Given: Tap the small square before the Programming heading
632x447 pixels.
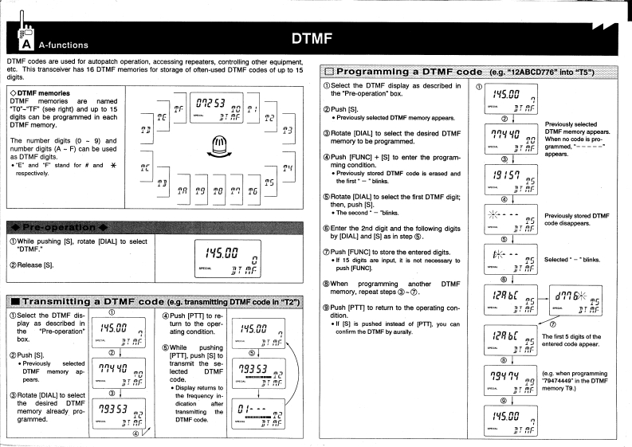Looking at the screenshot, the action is point(330,72).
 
